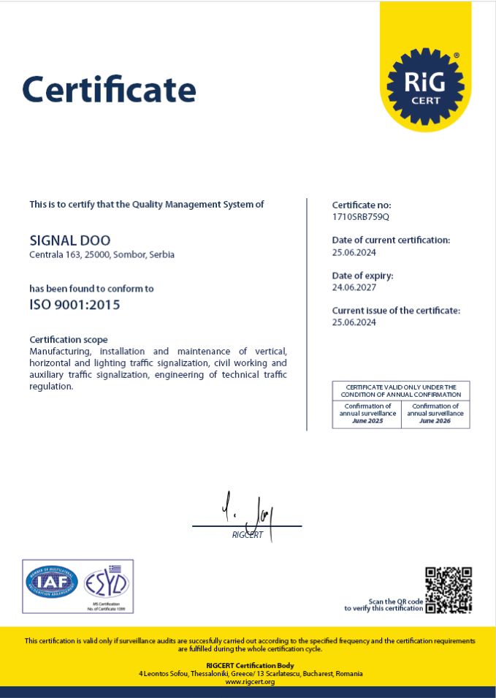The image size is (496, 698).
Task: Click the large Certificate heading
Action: [110, 89]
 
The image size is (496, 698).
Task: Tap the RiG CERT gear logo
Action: [425, 85]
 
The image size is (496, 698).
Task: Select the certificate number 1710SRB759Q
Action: [361, 217]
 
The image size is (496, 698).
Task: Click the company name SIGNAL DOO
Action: [70, 240]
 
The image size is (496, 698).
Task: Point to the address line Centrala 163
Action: [102, 255]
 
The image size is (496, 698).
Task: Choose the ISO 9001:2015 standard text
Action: [75, 305]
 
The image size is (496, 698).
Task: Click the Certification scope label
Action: [68, 339]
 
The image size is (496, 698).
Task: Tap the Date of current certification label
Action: [391, 240]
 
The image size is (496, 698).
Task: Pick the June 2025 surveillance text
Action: [367, 421]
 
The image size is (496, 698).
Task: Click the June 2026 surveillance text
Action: [435, 421]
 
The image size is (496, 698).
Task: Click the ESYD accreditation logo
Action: [107, 584]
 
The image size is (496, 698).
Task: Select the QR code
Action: [449, 590]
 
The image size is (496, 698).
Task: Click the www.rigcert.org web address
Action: [249, 682]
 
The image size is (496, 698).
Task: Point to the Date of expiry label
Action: [362, 276]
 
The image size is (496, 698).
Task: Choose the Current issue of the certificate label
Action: [396, 311]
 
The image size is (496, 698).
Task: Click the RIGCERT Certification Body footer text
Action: [249, 665]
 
